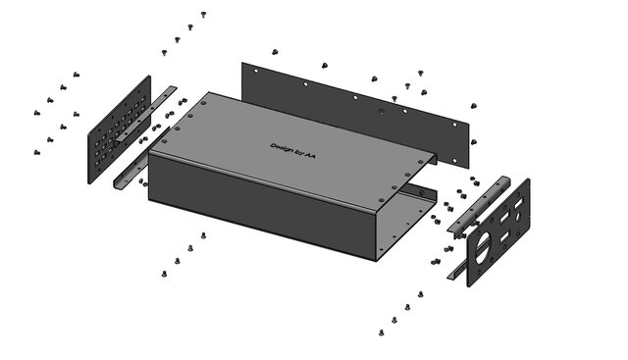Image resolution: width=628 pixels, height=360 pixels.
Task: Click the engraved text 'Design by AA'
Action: tap(292, 150)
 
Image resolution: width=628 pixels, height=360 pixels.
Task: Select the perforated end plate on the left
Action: tap(120, 129)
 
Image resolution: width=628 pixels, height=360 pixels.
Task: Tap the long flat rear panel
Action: tap(355, 114)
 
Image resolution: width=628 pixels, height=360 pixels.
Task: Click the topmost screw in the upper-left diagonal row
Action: tap(203, 15)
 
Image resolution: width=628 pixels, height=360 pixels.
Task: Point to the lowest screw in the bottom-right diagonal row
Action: tap(381, 333)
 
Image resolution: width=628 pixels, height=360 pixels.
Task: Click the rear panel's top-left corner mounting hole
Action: tap(256, 71)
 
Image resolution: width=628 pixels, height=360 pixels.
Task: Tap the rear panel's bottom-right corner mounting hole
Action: tap(454, 161)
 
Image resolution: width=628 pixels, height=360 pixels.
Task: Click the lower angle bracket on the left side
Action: tap(140, 159)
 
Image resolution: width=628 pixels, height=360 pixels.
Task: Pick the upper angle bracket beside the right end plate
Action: tap(479, 205)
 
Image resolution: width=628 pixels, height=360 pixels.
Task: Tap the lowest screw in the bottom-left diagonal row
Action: tap(164, 274)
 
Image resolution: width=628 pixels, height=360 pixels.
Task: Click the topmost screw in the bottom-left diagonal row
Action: tap(203, 235)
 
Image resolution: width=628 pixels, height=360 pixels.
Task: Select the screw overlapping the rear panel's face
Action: tap(382, 112)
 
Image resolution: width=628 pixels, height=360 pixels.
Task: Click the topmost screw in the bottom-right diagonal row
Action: tap(421, 294)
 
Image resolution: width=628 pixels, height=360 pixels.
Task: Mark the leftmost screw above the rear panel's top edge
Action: tap(275, 52)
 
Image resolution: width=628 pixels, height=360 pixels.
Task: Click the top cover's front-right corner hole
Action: tap(382, 200)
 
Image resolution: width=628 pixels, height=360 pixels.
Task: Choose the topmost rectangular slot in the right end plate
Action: tap(518, 203)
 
